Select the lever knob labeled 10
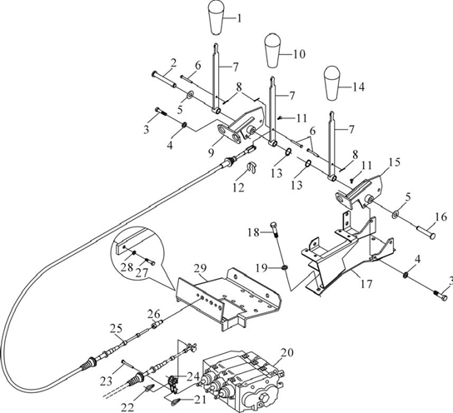coord(271,50)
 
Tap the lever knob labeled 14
coord(331,83)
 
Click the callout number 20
coord(287,353)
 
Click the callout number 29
coord(200,268)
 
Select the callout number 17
coord(366,284)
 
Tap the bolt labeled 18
coord(276,230)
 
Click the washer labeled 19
coord(285,268)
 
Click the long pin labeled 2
coord(164,79)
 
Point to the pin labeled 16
coord(426,232)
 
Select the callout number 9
coord(212,152)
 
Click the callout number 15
coord(395,162)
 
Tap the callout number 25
coord(116,328)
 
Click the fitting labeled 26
coord(157,325)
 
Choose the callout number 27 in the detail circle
coord(142,273)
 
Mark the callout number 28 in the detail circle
coord(127,267)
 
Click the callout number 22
coord(127,407)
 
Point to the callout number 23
coord(106,382)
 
